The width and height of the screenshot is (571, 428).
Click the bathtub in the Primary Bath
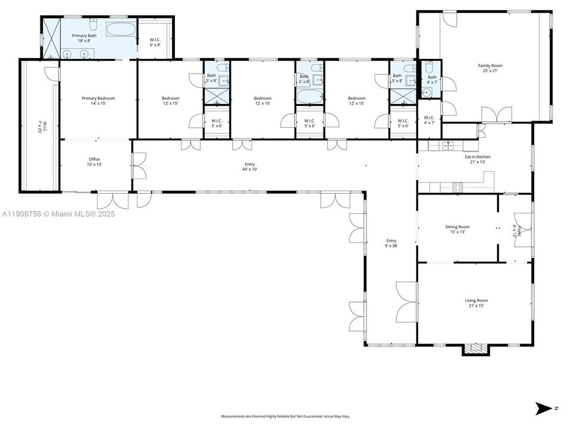[121, 29]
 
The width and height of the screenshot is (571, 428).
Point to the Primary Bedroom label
[98, 101]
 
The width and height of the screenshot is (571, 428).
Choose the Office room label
[94, 162]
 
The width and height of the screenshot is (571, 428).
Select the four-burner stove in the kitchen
[458, 185]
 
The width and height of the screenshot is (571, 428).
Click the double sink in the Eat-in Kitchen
[448, 145]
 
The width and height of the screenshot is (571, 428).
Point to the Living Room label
[476, 303]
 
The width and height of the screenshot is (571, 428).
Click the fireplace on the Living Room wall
[476, 349]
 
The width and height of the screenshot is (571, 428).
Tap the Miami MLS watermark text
[58, 214]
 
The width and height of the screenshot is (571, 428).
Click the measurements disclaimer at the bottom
[285, 417]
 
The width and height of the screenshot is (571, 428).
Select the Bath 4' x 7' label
[432, 79]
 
